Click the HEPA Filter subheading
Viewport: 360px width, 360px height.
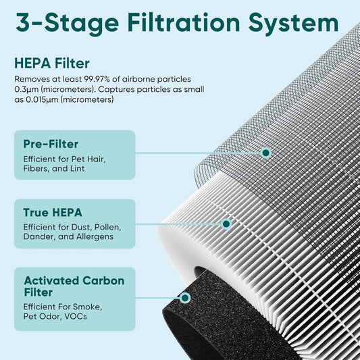(x=52, y=63)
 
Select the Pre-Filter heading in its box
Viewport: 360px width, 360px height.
(x=51, y=144)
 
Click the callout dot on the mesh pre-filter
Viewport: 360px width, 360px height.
(x=266, y=153)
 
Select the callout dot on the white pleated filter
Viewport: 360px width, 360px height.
(x=226, y=223)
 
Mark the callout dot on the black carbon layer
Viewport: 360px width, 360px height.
(x=184, y=297)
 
